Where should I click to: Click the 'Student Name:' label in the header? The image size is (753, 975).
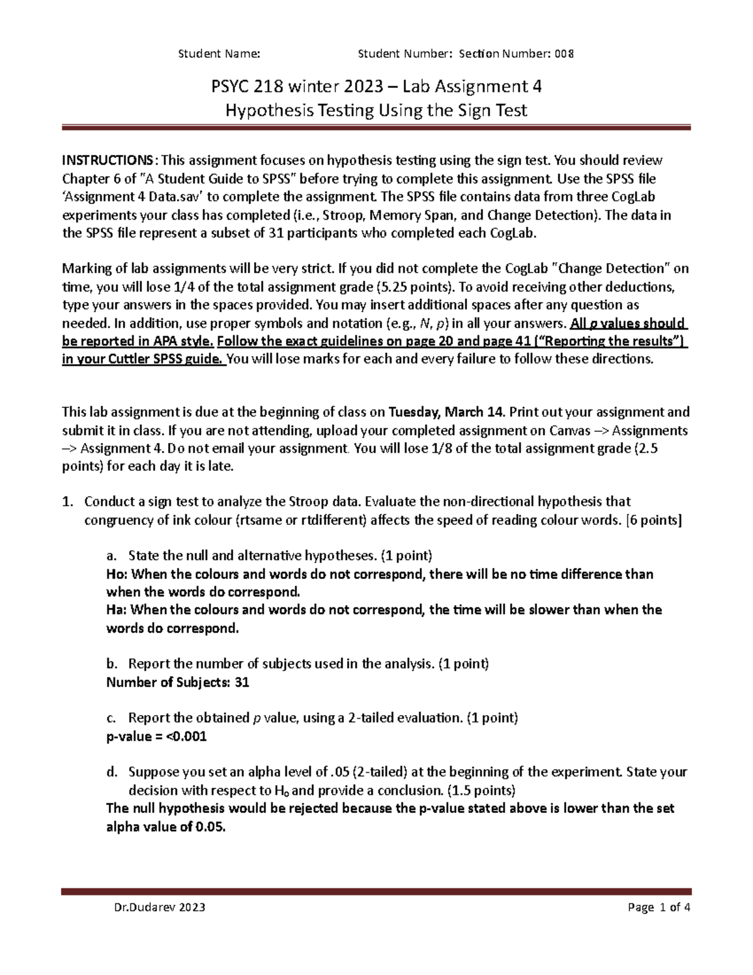click(219, 53)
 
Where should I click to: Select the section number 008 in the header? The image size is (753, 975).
click(564, 53)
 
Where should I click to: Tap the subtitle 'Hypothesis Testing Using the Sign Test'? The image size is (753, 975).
click(376, 111)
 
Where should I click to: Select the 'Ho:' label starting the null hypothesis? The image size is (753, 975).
click(115, 574)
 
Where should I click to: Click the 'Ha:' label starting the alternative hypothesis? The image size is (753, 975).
click(115, 610)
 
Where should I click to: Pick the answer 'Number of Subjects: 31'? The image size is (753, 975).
click(178, 682)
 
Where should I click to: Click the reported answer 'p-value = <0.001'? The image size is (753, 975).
click(156, 736)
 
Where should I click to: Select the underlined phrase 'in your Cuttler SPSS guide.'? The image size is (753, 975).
click(143, 359)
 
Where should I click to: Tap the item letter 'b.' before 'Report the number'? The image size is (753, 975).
click(112, 664)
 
